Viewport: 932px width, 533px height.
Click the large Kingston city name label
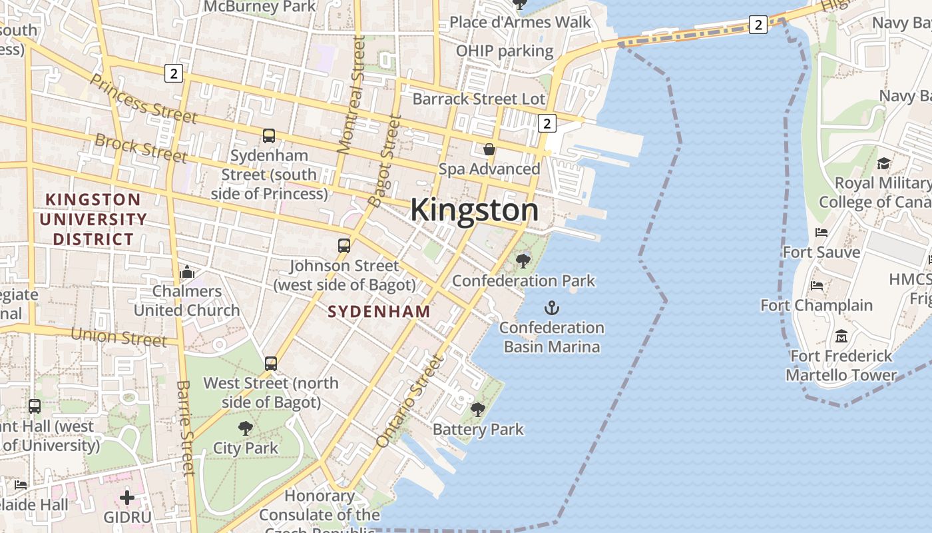474,210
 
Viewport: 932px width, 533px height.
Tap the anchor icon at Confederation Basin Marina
552,308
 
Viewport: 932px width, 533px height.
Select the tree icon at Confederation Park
523,261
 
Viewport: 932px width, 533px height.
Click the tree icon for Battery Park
478,410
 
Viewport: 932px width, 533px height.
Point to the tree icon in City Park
246,428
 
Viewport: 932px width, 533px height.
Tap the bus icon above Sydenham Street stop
269,136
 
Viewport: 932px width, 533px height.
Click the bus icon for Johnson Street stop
344,246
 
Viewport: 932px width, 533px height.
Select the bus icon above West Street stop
271,364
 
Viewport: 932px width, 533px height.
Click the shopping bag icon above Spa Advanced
489,149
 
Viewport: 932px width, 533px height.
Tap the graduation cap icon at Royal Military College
883,163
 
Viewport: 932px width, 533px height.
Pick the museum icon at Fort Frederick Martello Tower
841,336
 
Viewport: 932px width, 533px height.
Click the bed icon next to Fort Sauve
821,233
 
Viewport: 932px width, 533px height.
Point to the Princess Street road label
142,99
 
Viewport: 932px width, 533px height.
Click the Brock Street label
140,148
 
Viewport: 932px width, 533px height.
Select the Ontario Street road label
409,401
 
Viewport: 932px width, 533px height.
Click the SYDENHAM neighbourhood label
379,311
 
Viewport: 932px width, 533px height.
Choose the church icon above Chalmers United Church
187,272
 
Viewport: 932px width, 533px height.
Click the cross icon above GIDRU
127,497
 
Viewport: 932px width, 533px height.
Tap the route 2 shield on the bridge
758,25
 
